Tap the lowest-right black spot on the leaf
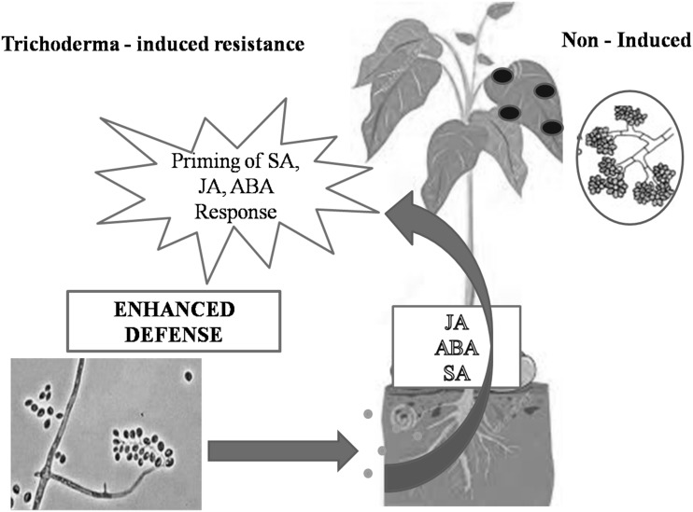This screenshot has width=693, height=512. (552, 127)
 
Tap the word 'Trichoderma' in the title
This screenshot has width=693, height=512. (56, 44)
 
